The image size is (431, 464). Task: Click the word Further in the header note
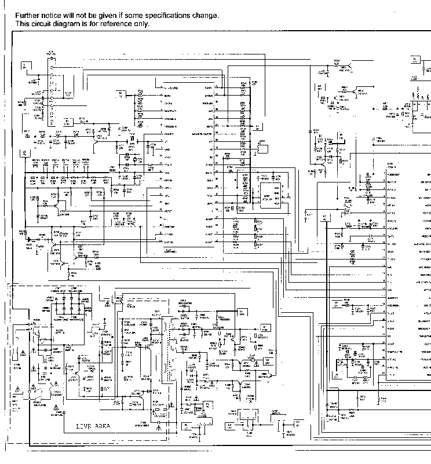pos(27,16)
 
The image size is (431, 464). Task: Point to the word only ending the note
pos(142,24)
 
